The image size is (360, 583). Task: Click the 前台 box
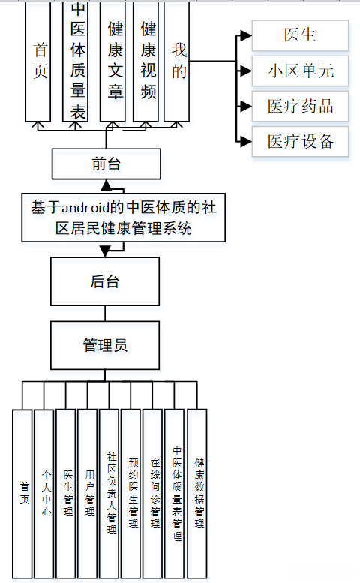pyautogui.click(x=106, y=164)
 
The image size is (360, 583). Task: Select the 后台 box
pyautogui.click(x=105, y=283)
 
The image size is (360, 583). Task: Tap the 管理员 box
pyautogui.click(x=105, y=345)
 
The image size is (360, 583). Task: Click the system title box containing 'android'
pyautogui.click(x=124, y=217)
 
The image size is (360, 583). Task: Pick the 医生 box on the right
pyautogui.click(x=300, y=35)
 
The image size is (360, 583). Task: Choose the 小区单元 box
pyautogui.click(x=300, y=71)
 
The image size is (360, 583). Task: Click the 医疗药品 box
pyautogui.click(x=300, y=106)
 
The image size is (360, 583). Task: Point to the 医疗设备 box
pyautogui.click(x=300, y=141)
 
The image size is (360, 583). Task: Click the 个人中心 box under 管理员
pyautogui.click(x=44, y=493)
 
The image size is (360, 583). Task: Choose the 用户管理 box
pyautogui.click(x=88, y=493)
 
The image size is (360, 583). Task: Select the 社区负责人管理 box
pyautogui.click(x=109, y=493)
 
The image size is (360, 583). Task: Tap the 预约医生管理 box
pyautogui.click(x=131, y=493)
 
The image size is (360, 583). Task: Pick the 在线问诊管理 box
pyautogui.click(x=153, y=493)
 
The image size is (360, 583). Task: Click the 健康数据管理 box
pyautogui.click(x=197, y=493)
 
